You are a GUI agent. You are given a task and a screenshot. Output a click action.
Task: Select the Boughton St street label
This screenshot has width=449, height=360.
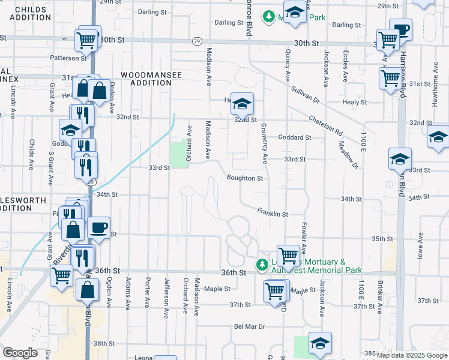point(244,178)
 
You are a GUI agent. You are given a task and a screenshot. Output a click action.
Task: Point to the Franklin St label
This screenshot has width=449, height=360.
point(273,212)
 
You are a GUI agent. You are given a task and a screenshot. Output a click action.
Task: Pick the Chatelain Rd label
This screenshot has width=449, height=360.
point(326,125)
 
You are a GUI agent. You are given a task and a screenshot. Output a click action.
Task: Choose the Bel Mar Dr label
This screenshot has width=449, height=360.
point(249,327)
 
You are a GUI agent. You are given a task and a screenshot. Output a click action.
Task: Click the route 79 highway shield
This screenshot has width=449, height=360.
point(197,41)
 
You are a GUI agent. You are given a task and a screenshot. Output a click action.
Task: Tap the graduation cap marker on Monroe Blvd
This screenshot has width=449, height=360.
point(242,104)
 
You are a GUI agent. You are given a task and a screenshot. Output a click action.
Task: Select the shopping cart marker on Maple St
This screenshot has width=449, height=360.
point(275,291)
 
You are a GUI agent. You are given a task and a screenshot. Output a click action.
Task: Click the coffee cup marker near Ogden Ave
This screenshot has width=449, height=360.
point(99,228)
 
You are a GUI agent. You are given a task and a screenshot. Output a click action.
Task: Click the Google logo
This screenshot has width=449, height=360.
point(20,353)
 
